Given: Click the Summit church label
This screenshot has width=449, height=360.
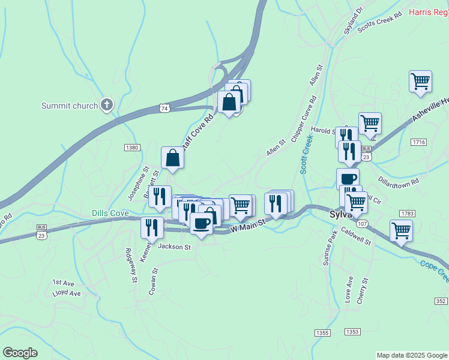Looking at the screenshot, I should pyautogui.click(x=69, y=106).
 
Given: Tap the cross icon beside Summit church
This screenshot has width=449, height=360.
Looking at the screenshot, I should pyautogui.click(x=107, y=106).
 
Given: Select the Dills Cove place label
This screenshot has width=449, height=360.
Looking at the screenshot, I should pyautogui.click(x=110, y=213).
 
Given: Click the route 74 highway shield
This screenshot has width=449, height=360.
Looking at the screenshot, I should pyautogui.click(x=164, y=107).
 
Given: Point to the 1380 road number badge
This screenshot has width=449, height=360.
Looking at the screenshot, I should pyautogui.click(x=132, y=148).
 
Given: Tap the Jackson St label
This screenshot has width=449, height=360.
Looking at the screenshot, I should pyautogui.click(x=174, y=247).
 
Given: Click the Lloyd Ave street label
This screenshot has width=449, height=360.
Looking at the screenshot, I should pyautogui.click(x=66, y=293).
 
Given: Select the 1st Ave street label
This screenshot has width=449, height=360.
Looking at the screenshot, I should pyautogui.click(x=62, y=282).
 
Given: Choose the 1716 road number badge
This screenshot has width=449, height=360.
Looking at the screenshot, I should pyautogui.click(x=419, y=142).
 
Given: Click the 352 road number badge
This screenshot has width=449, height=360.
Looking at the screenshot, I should pyautogui.click(x=441, y=301).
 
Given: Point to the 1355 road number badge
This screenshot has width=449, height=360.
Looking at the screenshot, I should pyautogui.click(x=322, y=332).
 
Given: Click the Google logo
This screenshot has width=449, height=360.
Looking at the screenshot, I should pyautogui.click(x=20, y=353).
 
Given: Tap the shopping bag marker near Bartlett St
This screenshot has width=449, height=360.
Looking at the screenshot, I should pyautogui.click(x=172, y=158).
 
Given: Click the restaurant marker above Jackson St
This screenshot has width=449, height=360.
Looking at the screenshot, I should pyautogui.click(x=152, y=227).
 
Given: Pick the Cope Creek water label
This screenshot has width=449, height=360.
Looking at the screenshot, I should pyautogui.click(x=434, y=270).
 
